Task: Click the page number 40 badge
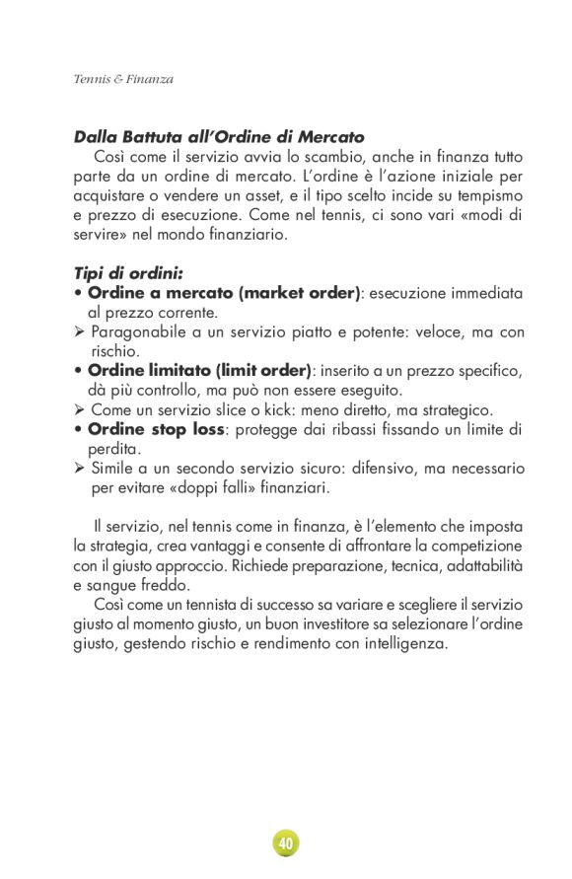(x=286, y=843)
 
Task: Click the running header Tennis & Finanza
(x=123, y=79)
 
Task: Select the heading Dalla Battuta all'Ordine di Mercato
(x=219, y=137)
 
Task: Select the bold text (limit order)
(x=260, y=370)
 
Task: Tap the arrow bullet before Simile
(x=80, y=468)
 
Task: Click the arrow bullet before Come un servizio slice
(x=80, y=409)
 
